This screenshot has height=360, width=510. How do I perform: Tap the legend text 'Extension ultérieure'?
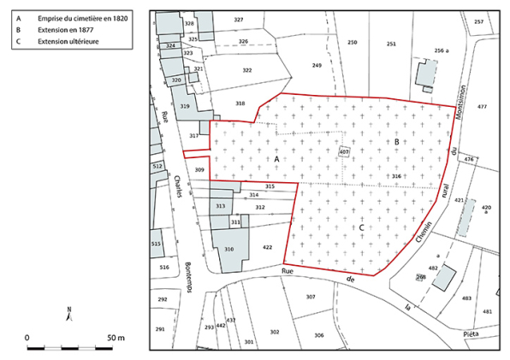(68, 40)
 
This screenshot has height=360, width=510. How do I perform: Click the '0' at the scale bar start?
(27, 338)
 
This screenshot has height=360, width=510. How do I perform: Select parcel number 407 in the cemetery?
(344, 152)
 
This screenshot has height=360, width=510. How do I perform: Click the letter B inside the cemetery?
(396, 142)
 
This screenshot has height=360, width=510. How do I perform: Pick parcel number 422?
(267, 247)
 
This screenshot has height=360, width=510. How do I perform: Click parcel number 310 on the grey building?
(228, 249)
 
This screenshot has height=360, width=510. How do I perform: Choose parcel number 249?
(317, 66)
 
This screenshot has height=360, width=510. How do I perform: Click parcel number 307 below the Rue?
(311, 297)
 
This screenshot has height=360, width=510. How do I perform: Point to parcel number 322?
(247, 70)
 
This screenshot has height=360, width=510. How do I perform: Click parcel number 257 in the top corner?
(478, 22)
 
